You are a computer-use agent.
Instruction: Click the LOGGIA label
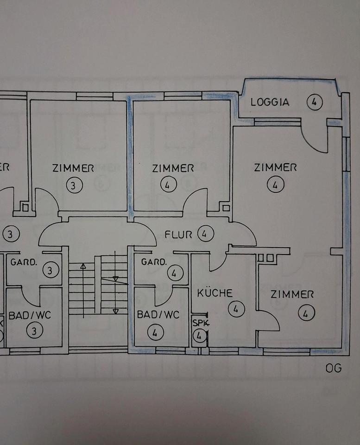point(270,102)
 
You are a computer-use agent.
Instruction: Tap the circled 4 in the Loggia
point(315,102)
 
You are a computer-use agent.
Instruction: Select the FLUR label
point(178,235)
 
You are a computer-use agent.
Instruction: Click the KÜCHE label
point(215,293)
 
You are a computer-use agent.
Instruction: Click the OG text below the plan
point(334,368)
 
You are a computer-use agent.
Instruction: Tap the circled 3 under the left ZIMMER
point(74,185)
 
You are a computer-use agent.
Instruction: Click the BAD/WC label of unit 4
point(158,315)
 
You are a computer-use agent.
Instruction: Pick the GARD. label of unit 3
point(24,262)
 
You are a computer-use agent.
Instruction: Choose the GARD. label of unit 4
point(153,262)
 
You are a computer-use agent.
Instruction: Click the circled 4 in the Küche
point(236,309)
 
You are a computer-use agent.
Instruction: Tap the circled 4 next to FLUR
point(205,234)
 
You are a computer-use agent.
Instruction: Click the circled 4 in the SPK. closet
point(199,336)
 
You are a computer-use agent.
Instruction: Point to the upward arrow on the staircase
point(83,267)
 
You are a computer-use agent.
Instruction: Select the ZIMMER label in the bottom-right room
point(292,294)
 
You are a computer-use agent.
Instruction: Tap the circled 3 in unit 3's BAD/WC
point(35,331)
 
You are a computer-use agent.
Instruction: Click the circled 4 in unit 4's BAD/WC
point(155,332)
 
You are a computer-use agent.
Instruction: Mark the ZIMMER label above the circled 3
point(73,168)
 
